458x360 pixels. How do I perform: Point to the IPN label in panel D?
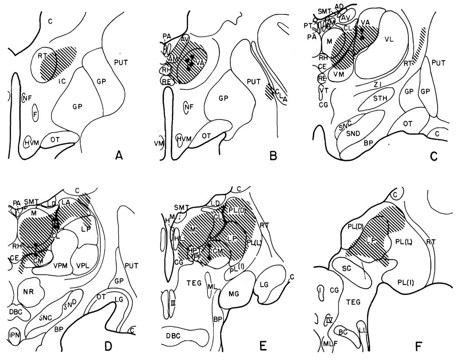coord(13,335)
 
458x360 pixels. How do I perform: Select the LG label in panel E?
coord(267,285)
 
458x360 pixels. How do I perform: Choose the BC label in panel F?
coord(344,333)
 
